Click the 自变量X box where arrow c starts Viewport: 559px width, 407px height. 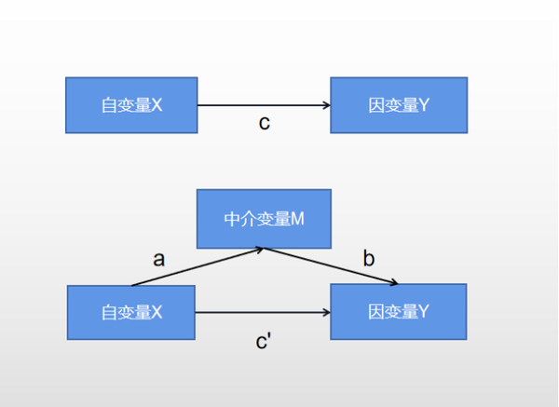point(131,105)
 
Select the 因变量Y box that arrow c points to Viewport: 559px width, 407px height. point(399,105)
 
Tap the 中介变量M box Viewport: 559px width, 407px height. point(264,220)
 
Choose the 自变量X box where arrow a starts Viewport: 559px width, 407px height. point(131,312)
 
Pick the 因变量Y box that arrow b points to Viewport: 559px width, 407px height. point(399,311)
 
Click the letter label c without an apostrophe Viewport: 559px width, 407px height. point(265,123)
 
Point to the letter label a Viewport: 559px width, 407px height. point(158,259)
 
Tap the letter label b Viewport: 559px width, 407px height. point(369,259)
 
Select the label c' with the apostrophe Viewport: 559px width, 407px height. point(264,342)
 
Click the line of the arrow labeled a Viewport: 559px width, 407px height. point(196,266)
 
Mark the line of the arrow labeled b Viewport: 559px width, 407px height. point(331,266)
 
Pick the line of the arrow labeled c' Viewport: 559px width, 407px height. point(261,312)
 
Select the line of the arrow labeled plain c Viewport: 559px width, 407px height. point(261,105)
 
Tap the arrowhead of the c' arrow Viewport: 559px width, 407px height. point(326,312)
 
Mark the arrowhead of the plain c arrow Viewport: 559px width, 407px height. point(326,105)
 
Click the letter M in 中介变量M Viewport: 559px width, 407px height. point(298,220)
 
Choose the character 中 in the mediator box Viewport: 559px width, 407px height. point(232,220)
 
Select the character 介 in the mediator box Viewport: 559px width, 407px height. point(248,220)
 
